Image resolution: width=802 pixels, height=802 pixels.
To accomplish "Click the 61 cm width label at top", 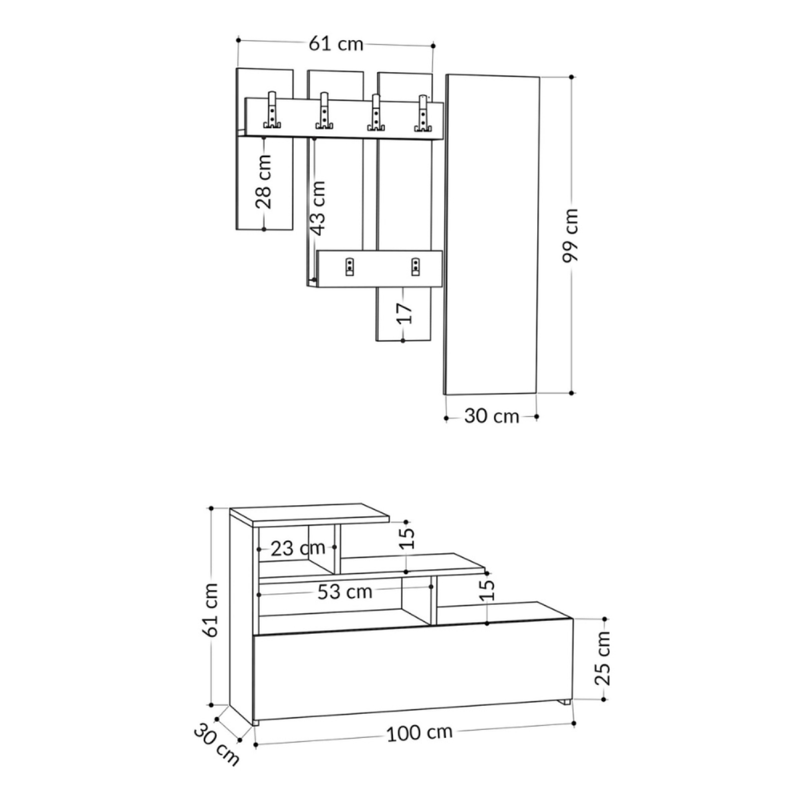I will click(336, 43).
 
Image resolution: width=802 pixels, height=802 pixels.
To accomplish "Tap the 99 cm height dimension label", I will click(572, 235).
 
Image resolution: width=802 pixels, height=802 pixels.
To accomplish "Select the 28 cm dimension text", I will click(265, 182).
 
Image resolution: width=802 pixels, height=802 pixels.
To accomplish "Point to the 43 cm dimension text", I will click(318, 208).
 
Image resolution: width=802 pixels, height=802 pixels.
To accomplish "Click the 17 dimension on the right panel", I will click(404, 312).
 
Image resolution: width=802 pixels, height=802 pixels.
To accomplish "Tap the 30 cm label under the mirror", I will click(491, 416).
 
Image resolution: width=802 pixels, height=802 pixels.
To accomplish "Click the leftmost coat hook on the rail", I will click(273, 110).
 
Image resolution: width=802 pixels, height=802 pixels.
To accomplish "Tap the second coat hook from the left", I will click(324, 112).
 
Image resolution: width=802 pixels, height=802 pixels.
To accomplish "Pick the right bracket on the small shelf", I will click(416, 267).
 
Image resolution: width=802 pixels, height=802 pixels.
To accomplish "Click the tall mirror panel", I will click(492, 234).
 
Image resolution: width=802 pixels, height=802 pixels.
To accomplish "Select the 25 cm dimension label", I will click(604, 658).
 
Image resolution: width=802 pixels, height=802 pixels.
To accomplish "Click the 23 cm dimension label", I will click(297, 549).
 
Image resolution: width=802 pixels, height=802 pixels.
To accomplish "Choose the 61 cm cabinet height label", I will click(212, 610).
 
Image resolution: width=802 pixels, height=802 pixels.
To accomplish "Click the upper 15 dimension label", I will click(408, 538).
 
